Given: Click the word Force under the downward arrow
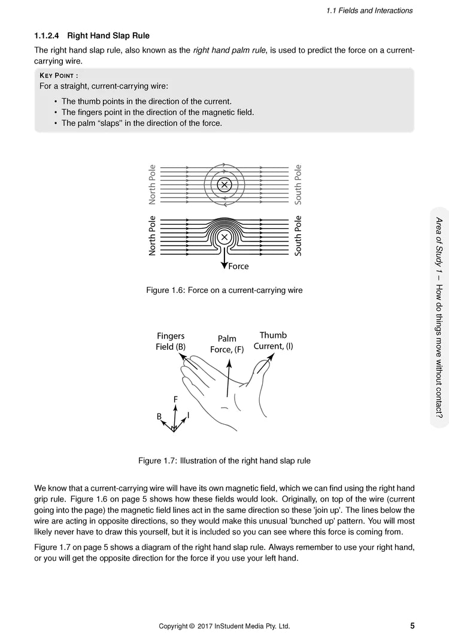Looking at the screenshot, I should pos(238,267).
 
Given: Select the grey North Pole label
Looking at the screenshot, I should pos(152,185).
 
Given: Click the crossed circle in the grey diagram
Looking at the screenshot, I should pos(224,185).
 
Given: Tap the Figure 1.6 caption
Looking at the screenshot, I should pos(224,291).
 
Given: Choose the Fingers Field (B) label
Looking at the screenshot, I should pos(171,341).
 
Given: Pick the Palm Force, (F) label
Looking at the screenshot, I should pos(227,344).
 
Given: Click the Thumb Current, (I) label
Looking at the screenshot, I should pos(273,341).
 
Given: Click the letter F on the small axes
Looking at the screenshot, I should pos(175,399).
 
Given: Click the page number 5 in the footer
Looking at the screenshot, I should pos(412,626).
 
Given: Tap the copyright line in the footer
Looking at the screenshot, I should pos(224,627).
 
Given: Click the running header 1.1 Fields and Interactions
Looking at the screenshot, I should pos(369,11).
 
